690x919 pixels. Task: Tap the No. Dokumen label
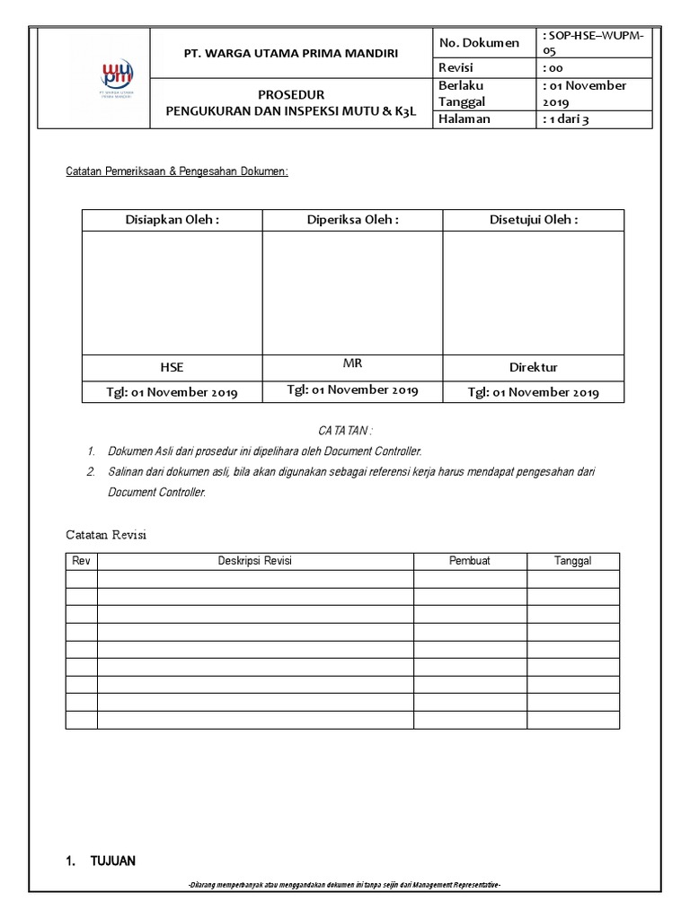point(479,43)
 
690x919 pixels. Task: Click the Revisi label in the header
point(456,68)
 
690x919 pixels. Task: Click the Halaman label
point(464,119)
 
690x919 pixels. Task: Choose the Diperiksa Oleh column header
point(352,220)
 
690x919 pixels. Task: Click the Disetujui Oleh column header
point(533,220)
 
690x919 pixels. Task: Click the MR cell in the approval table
point(352,363)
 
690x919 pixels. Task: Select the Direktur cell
point(533,367)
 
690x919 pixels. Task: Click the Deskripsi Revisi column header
point(255,561)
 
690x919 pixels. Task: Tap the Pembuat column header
point(470,561)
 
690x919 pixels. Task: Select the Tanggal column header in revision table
point(572,561)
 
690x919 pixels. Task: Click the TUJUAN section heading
point(112,862)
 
